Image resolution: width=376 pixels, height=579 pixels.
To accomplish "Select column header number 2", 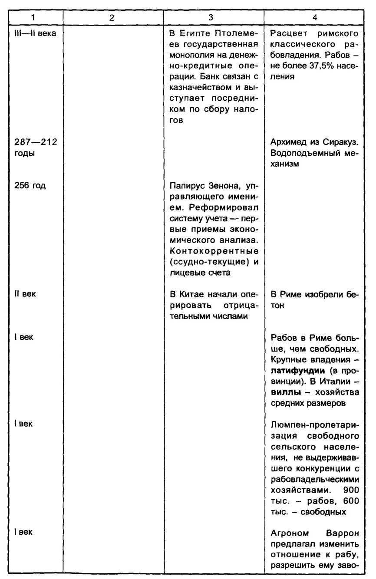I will (111, 19).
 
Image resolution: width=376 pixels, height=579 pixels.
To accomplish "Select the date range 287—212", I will (34, 142).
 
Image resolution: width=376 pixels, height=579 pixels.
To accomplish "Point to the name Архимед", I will (288, 142).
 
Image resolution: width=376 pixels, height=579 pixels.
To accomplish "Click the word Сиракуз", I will (343, 142).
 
